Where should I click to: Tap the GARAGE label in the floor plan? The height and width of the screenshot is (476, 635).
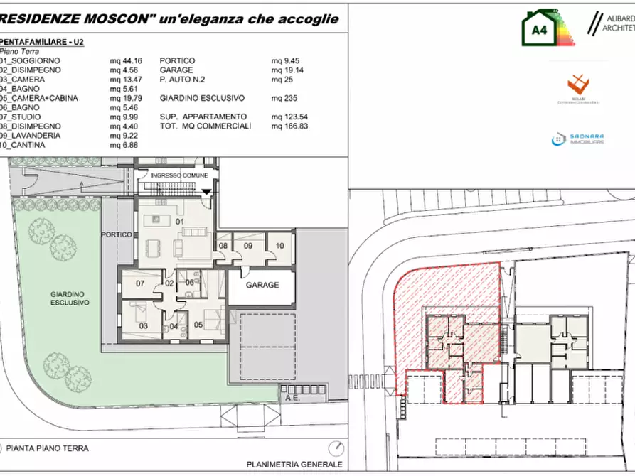(x=262, y=285)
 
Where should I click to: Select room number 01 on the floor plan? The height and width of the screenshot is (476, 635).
(x=180, y=222)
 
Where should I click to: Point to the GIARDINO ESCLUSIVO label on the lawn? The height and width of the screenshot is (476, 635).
(x=70, y=298)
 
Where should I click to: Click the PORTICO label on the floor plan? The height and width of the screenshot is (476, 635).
(x=117, y=234)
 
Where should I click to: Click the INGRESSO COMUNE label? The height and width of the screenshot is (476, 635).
(x=180, y=175)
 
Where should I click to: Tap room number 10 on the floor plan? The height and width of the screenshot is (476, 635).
(x=279, y=246)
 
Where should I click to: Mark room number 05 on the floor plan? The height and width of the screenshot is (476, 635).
(x=198, y=325)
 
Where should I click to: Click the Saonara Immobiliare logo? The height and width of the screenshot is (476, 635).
(x=577, y=140)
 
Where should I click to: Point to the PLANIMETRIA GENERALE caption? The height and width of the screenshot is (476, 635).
(x=294, y=465)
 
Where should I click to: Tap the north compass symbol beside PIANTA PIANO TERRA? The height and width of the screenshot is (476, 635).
(x=336, y=449)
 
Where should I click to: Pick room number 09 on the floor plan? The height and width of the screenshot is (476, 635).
(x=248, y=246)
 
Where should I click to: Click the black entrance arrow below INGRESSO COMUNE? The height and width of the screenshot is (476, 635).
(x=207, y=192)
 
